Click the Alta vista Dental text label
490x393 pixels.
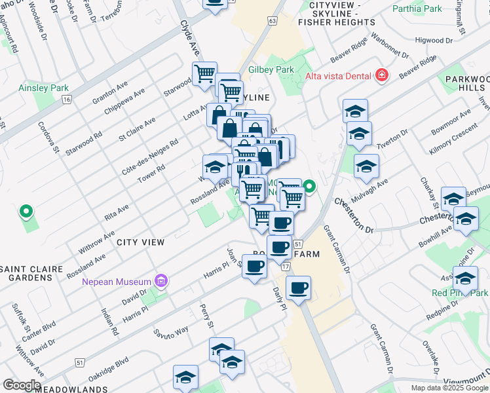[x=337, y=76]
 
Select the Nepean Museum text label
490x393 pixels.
[x=117, y=282]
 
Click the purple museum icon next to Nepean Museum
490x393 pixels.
[x=161, y=282]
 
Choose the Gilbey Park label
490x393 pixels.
[x=271, y=69]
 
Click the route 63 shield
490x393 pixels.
[x=272, y=21]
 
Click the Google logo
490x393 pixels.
[x=21, y=384]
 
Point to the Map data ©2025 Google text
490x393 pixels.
[x=450, y=388]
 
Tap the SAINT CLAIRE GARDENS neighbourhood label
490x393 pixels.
[x=32, y=273]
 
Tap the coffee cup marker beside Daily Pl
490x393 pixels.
[x=298, y=288]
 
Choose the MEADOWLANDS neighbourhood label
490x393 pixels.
[x=72, y=389]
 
